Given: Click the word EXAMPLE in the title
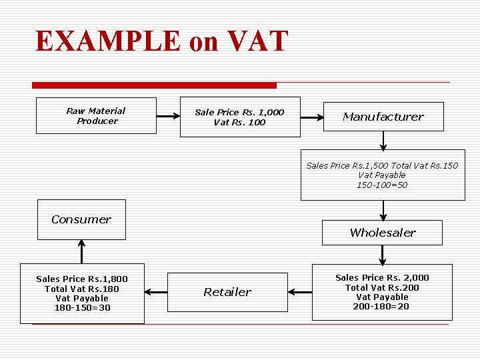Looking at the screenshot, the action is click(x=107, y=41).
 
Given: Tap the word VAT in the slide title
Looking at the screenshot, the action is click(x=257, y=41).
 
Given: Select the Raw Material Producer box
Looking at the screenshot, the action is click(x=96, y=116).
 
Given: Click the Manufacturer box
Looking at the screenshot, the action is click(x=383, y=117).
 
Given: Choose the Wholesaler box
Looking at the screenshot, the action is click(x=382, y=233).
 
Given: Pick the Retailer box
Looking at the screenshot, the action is click(x=227, y=292).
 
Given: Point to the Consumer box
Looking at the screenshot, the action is click(x=81, y=219).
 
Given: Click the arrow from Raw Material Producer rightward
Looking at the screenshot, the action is click(x=168, y=117).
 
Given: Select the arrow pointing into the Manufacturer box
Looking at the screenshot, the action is click(x=311, y=117).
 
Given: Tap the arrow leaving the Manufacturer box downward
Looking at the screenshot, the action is click(x=383, y=139).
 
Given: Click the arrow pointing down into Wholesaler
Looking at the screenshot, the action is click(x=383, y=210).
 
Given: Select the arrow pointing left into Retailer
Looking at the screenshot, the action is click(x=300, y=291).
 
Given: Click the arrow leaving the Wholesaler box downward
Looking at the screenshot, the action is click(x=383, y=255).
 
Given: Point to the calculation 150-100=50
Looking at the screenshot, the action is click(x=382, y=185).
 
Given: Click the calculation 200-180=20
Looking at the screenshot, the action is click(x=382, y=307).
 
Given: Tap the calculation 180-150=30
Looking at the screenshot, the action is click(x=82, y=308).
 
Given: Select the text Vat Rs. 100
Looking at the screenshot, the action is click(x=239, y=123).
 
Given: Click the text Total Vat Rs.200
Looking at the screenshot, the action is click(x=382, y=287).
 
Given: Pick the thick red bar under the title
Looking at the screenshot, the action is click(x=154, y=85).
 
